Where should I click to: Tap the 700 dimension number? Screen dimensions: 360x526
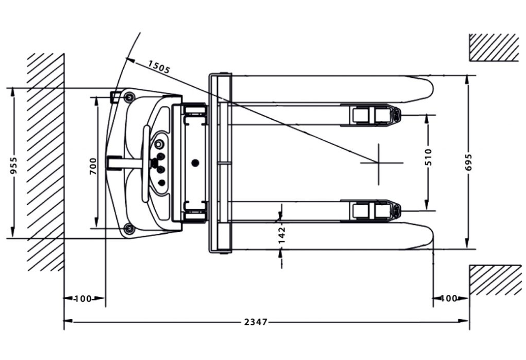click(x=94, y=166)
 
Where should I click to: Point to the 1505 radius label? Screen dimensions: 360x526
click(x=159, y=67)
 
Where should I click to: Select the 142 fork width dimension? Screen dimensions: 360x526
click(x=281, y=233)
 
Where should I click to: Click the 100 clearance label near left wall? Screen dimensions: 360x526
click(x=83, y=299)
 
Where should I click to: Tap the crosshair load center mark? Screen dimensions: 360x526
click(x=379, y=163)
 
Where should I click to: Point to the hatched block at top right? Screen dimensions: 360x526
click(x=494, y=47)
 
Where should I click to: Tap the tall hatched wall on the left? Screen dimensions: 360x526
click(x=46, y=162)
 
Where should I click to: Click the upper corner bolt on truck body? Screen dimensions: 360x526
click(x=128, y=96)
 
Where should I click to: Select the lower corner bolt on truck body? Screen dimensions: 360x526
click(x=128, y=229)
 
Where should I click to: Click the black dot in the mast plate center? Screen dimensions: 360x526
click(x=196, y=163)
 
